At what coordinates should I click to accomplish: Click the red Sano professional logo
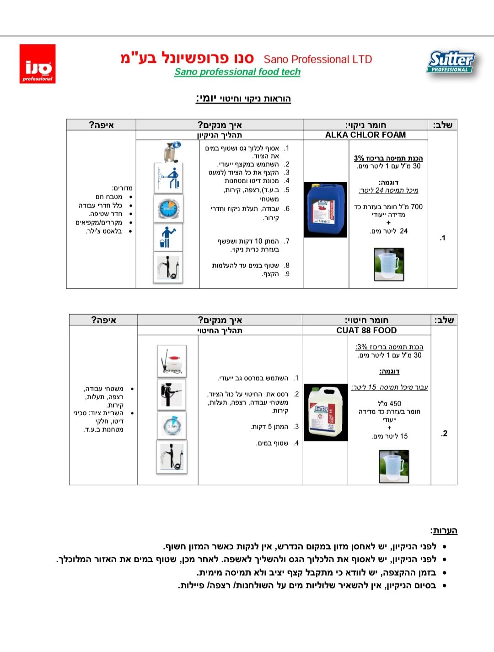click(x=38, y=64)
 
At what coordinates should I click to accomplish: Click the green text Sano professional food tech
click(x=237, y=72)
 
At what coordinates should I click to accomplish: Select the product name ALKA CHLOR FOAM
click(x=365, y=135)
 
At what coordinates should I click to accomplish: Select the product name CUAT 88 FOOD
click(x=366, y=331)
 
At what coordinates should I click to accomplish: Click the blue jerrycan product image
click(x=326, y=209)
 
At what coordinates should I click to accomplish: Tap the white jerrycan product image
click(x=325, y=412)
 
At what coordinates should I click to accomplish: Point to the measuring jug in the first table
click(x=389, y=264)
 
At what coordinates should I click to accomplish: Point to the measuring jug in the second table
click(x=394, y=467)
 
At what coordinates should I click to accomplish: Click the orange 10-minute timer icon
click(x=168, y=208)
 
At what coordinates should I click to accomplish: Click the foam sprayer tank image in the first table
click(x=171, y=152)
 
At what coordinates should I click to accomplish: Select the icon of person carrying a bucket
click(x=168, y=237)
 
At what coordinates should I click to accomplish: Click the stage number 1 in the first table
click(x=442, y=238)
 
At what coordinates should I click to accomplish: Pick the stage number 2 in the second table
click(x=444, y=434)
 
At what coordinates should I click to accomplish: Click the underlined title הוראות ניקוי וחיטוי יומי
click(x=243, y=98)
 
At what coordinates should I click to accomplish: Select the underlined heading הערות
click(x=444, y=531)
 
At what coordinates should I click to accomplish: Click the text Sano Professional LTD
click(x=318, y=60)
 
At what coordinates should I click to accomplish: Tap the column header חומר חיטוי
click(x=366, y=320)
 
